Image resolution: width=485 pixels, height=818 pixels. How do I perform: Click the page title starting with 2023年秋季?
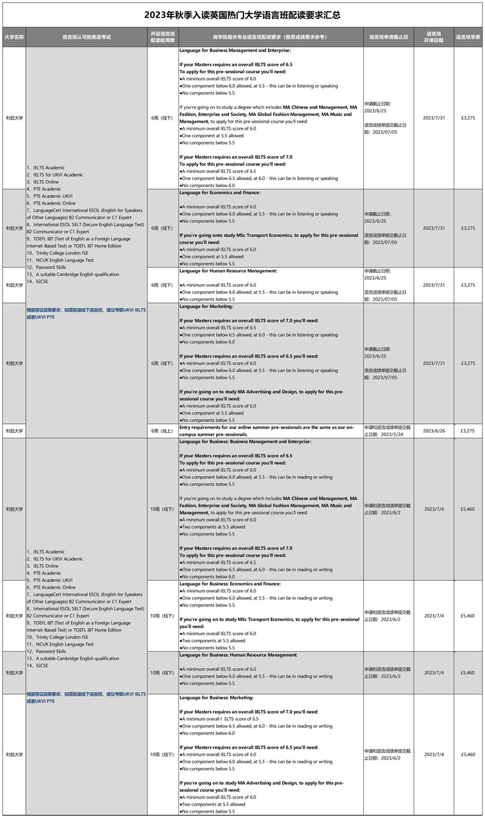coord(242,15)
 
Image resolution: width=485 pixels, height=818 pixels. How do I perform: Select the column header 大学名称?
coord(14,37)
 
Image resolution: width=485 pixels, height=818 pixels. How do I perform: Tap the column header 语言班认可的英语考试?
coord(86,37)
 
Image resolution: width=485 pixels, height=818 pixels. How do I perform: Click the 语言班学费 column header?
coord(468,37)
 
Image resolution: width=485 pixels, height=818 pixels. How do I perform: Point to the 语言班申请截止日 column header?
coord(389,37)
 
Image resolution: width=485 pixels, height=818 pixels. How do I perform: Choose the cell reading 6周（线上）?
coord(162,431)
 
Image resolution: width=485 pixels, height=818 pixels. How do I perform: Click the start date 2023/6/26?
coord(434,431)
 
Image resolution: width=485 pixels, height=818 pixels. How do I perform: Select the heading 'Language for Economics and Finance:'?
coord(220,193)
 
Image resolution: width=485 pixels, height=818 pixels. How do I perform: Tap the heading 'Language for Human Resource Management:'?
coord(228,271)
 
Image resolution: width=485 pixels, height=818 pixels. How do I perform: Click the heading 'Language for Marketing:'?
coord(206,306)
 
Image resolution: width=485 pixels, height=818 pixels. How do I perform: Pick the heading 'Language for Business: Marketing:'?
coord(216,697)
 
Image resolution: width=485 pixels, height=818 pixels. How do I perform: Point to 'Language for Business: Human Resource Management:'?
coord(238,655)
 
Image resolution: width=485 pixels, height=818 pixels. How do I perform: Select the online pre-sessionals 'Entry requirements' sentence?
coord(267,430)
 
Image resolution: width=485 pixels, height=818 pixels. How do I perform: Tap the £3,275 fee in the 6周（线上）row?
coord(468,431)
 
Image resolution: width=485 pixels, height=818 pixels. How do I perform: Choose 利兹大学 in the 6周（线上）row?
coord(14,431)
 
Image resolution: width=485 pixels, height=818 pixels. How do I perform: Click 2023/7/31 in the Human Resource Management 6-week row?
coord(434,285)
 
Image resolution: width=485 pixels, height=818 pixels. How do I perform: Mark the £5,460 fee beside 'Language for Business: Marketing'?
coord(468,754)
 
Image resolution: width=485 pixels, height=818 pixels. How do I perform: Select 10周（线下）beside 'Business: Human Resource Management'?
coord(162,672)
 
